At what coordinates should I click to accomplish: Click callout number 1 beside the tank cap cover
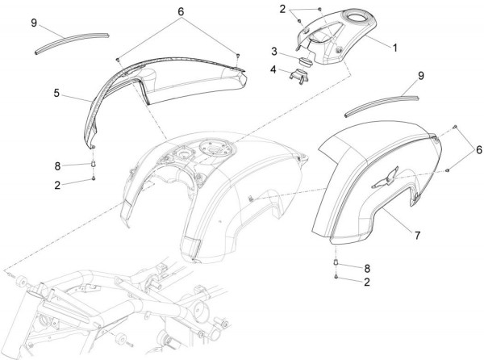[x=394, y=48]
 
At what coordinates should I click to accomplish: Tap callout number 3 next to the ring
[x=274, y=52]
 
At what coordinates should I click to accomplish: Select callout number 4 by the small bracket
[x=273, y=69]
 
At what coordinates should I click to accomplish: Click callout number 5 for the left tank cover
[x=56, y=93]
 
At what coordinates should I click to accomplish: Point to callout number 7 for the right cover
[x=417, y=236]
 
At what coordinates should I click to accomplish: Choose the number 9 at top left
[x=34, y=23]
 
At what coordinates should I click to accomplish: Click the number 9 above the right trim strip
[x=421, y=76]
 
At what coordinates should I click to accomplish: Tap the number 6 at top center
[x=181, y=12]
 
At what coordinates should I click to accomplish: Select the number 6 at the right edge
[x=478, y=150]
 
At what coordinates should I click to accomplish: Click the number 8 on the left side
[x=57, y=166]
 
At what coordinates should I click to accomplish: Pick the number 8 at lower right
[x=367, y=269]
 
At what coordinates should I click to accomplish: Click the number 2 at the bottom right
[x=367, y=282]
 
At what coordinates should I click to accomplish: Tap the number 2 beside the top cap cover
[x=282, y=10]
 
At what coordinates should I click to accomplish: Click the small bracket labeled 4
[x=298, y=76]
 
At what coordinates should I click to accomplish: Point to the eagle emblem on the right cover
[x=386, y=178]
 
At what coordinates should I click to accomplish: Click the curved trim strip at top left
[x=72, y=42]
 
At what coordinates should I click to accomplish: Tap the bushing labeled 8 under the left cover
[x=94, y=163]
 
